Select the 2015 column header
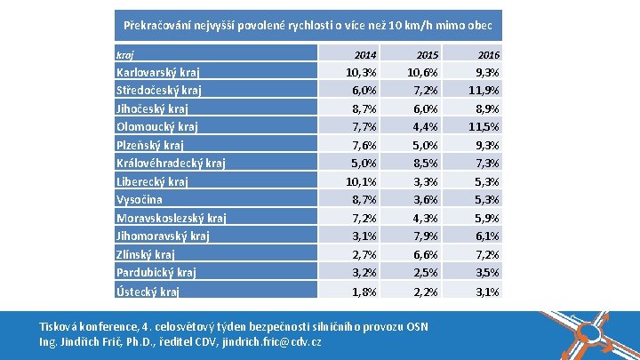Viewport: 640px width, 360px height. [428, 54]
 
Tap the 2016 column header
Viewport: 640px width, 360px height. [488, 54]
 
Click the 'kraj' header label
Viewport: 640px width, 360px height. [125, 54]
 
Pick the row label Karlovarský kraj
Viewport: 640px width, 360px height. [158, 72]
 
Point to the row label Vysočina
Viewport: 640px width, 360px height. [139, 200]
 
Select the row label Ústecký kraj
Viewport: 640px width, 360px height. [148, 292]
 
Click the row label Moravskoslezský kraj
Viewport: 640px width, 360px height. [171, 218]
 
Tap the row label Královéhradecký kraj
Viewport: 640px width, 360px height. [171, 163]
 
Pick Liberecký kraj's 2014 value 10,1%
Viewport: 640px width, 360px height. [361, 182]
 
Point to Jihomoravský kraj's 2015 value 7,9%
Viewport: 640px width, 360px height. [425, 236]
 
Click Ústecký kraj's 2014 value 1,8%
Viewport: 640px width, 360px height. [364, 292]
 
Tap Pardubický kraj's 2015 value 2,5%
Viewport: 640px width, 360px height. [425, 273]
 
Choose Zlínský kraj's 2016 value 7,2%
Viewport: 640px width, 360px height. [486, 254]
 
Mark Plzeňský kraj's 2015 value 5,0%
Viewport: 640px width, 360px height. [425, 146]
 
